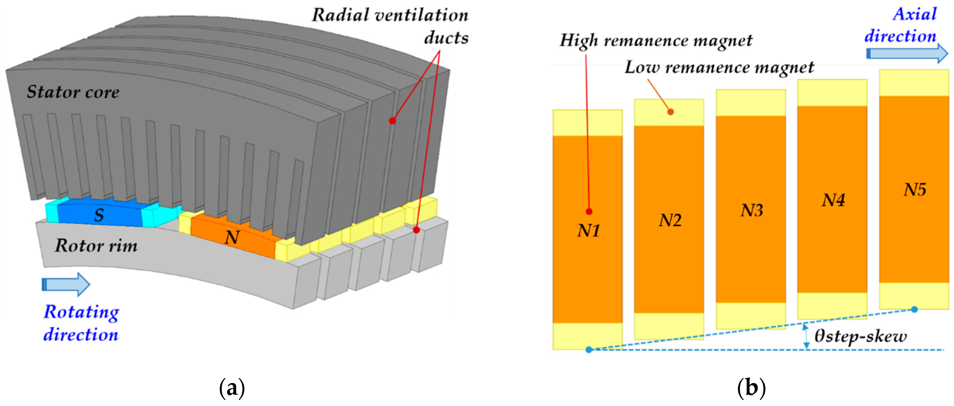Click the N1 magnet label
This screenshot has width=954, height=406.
588,231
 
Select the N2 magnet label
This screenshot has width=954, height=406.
670,220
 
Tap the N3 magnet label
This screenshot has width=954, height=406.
752,210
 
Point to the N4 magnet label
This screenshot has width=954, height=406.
833,200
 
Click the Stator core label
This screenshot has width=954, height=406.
73,92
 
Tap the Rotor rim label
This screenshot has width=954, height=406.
96,246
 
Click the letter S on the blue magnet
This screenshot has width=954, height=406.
99,215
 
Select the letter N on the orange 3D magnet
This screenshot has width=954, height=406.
232,237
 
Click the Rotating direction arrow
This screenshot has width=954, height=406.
66,284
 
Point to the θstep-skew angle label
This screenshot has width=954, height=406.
860,336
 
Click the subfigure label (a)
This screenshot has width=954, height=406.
232,388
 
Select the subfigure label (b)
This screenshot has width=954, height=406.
752,388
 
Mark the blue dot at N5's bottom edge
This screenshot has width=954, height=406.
914,309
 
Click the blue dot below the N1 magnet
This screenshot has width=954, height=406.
589,350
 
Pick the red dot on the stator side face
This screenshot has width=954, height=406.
392,120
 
